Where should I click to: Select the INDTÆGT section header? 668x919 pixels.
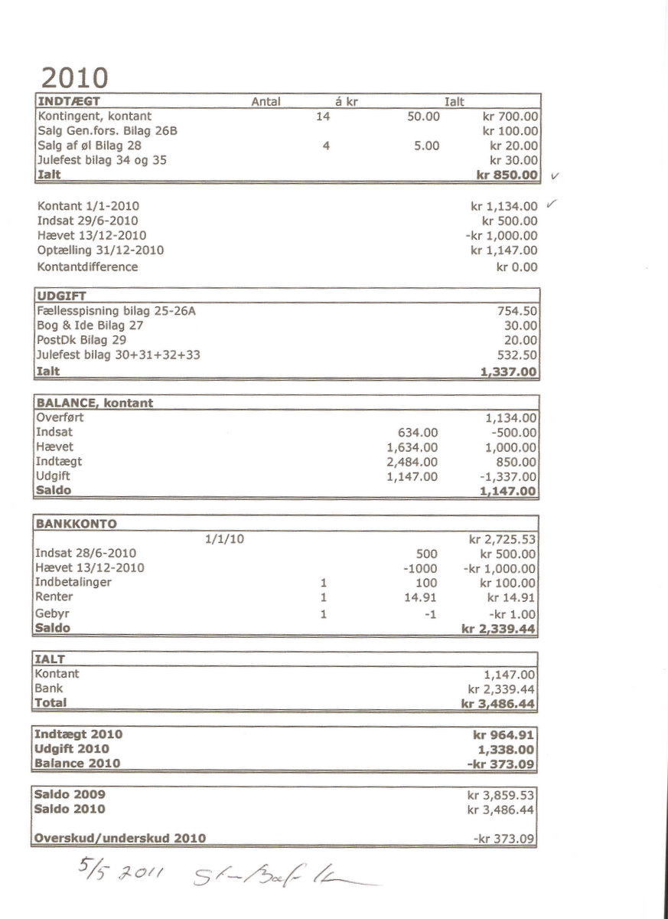click(69, 101)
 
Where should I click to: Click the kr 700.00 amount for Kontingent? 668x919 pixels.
click(510, 116)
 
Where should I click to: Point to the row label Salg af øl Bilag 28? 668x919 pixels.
click(89, 146)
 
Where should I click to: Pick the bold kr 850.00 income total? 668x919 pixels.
click(508, 175)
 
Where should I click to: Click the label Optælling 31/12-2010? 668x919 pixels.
click(100, 250)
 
